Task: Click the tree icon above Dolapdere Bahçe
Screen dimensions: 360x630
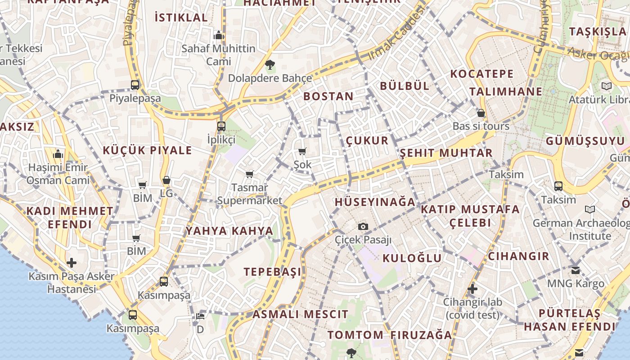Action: pyautogui.click(x=270, y=65)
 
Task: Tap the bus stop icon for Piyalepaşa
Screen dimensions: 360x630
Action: pyautogui.click(x=135, y=85)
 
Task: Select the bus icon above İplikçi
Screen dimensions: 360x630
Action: pyautogui.click(x=221, y=126)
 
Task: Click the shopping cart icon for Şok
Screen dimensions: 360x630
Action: pyautogui.click(x=302, y=152)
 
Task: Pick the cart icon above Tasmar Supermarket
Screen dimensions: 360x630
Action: pyautogui.click(x=249, y=174)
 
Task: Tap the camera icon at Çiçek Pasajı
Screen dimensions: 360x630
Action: pyautogui.click(x=363, y=226)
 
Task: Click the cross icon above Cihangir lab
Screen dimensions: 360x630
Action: pyautogui.click(x=472, y=288)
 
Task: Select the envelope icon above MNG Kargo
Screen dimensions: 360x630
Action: pyautogui.click(x=576, y=270)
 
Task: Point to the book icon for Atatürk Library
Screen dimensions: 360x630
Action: pyautogui.click(x=607, y=86)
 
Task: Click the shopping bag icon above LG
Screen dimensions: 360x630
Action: pyautogui.click(x=166, y=180)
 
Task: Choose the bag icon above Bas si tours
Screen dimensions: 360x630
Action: pyautogui.click(x=481, y=113)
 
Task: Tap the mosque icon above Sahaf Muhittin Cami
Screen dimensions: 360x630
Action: pyautogui.click(x=219, y=35)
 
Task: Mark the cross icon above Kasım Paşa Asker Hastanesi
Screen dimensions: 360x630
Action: pyautogui.click(x=72, y=263)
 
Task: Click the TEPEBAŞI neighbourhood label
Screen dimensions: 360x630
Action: pyautogui.click(x=273, y=272)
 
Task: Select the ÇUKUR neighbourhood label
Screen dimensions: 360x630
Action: pyautogui.click(x=367, y=140)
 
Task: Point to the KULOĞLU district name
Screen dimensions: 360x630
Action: pyautogui.click(x=412, y=258)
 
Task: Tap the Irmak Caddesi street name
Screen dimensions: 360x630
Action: pyautogui.click(x=396, y=34)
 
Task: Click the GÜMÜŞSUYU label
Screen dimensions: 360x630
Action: pyautogui.click(x=585, y=141)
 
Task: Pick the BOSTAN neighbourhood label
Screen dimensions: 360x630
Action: pyautogui.click(x=328, y=96)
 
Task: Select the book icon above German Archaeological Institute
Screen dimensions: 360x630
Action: pyautogui.click(x=589, y=209)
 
